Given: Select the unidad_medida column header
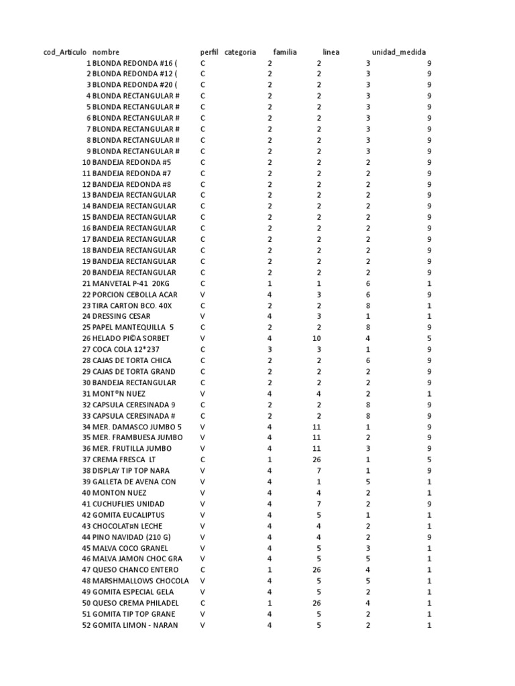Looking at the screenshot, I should pos(398,52).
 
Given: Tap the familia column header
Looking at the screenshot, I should pos(285,52).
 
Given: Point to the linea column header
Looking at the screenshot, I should pos(331,52).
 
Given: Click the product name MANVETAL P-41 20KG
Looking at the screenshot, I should pos(131,283).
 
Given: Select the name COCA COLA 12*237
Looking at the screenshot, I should pos(127,350).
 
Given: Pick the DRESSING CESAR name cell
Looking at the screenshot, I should pos(121,316).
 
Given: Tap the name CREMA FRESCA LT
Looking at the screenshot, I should pos(124,460).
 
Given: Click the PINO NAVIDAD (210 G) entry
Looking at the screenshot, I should pos(131,537).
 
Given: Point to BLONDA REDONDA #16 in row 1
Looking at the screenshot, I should pos(135,62).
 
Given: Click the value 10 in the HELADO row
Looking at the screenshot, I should pos(317,338).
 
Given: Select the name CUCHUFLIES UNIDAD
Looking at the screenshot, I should pos(128,504).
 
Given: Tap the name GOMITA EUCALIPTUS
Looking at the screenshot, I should pos(129,515).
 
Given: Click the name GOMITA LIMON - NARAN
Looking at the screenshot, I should pos(135,625).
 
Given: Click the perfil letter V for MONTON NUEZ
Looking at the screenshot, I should pos(203,493).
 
